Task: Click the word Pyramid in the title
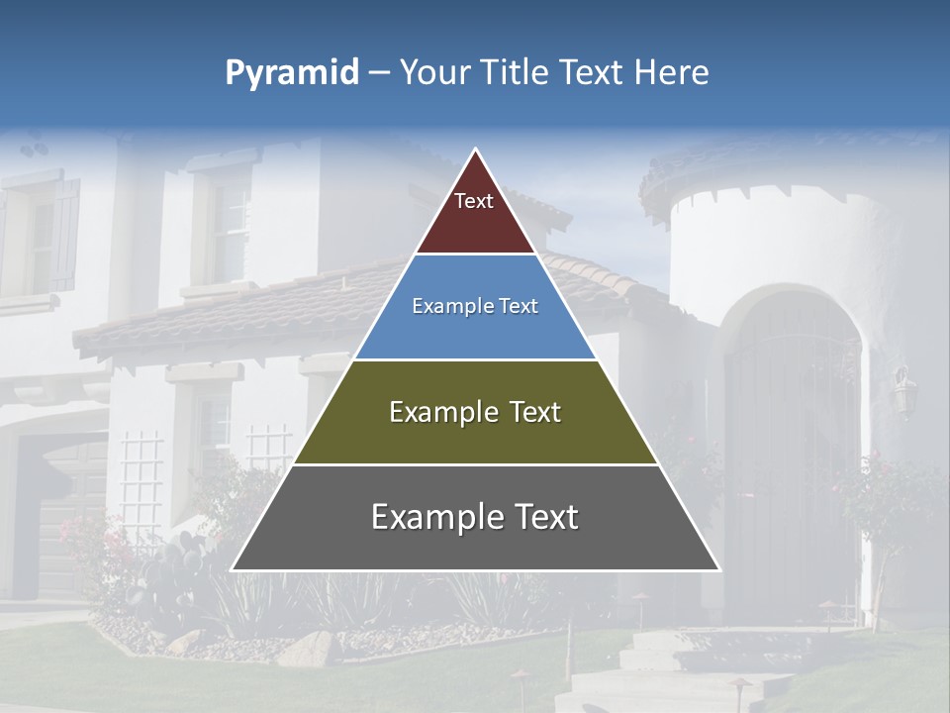tap(292, 73)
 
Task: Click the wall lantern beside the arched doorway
tap(903, 391)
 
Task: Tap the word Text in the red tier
tap(474, 201)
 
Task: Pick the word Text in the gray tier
tap(544, 517)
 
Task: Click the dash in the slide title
tap(379, 73)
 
